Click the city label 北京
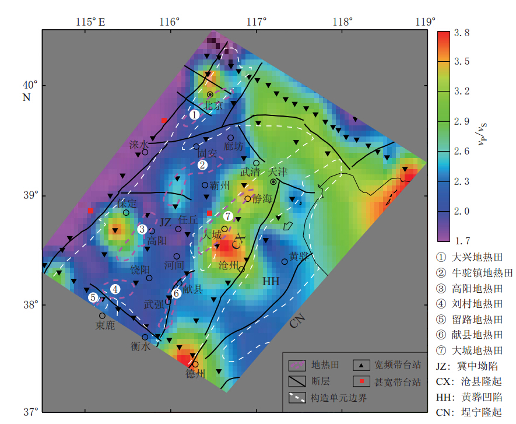coord(214,106)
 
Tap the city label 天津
coord(279,173)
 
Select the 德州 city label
coord(195,373)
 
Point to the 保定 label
coord(127,204)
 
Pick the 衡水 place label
coord(141,346)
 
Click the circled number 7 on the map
coord(228,216)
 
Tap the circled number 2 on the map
coord(202,165)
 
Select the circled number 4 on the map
coord(115,288)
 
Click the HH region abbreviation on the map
coord(271,281)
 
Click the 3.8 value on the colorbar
coord(462,33)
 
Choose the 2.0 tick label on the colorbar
coord(462,211)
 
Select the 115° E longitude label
coord(90,22)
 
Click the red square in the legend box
coord(361,382)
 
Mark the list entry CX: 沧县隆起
coord(469,381)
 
